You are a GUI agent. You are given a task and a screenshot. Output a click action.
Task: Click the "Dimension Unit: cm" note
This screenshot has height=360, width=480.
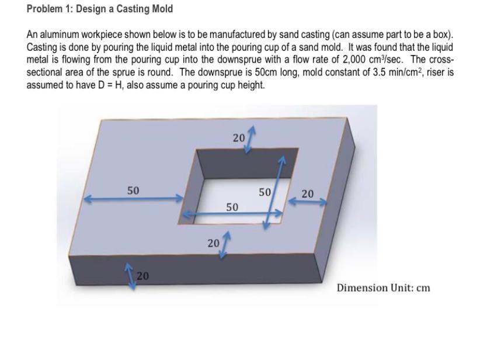click(383, 288)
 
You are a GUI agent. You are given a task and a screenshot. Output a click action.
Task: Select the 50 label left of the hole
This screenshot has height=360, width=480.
click(133, 191)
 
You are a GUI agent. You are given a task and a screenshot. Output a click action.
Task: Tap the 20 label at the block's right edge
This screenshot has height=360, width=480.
click(307, 193)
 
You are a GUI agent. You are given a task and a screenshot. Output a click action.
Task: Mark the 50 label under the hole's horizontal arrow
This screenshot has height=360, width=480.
click(232, 207)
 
